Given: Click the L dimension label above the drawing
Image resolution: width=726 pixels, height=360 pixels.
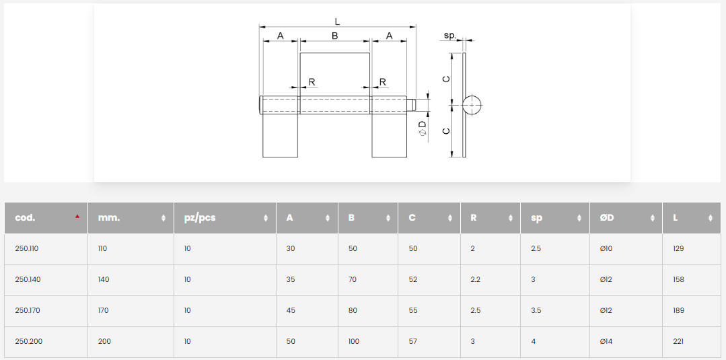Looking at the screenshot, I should tap(337, 22).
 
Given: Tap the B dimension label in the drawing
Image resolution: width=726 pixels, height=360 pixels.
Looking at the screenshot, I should tap(334, 36).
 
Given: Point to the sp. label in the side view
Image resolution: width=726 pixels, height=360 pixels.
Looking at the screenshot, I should tap(450, 35).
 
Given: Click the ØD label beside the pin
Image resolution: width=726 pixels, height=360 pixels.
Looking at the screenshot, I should tap(422, 127).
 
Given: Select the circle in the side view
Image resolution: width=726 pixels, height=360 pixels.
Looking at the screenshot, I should tap(472, 105).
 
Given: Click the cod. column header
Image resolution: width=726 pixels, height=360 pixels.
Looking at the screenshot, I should tap(26, 218).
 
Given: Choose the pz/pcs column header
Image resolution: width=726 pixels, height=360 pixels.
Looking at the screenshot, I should tap(200, 218).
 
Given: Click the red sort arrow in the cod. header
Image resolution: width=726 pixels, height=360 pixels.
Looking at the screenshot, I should tap(77, 217).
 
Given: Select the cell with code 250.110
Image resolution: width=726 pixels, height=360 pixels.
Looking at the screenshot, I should tap(27, 249).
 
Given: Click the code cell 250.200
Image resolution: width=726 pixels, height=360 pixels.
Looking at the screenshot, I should tap(29, 342).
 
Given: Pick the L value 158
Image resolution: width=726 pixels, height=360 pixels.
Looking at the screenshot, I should tap(678, 280).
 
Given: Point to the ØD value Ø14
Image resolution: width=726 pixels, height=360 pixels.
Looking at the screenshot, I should tap(606, 342).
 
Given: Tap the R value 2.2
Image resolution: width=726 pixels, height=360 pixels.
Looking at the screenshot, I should tap(475, 280).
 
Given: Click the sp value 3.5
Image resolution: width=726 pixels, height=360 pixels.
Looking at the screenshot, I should tap(536, 311).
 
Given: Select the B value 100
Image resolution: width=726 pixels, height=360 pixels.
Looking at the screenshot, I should tap(354, 342).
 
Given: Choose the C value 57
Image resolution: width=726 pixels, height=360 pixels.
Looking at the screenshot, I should tap(413, 342).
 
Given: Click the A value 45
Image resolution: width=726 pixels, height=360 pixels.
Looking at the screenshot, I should tap(291, 311).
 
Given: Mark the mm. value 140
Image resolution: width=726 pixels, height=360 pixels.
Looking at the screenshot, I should tap(104, 280).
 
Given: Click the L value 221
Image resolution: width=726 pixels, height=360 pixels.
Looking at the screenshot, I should tap(678, 342).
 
